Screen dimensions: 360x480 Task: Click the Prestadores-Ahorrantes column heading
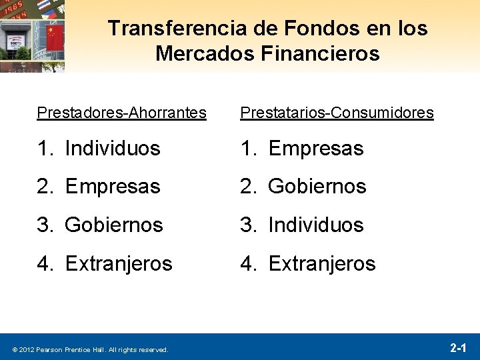click(121, 113)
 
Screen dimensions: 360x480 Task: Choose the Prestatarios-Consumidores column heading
click(337, 113)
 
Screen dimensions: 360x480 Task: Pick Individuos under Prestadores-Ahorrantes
click(113, 148)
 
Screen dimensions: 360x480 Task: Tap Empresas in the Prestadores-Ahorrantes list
click(113, 187)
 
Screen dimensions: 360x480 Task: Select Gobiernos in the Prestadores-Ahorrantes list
click(114, 225)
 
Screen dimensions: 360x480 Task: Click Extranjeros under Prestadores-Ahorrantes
click(119, 263)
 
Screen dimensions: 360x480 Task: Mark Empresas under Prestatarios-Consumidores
click(316, 148)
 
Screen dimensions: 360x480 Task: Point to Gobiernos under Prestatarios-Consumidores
click(317, 187)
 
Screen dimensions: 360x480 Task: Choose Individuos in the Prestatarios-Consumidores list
click(316, 225)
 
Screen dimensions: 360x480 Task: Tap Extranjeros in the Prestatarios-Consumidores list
click(322, 263)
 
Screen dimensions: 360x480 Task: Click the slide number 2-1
click(458, 347)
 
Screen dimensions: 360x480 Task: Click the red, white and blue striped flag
click(43, 5)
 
